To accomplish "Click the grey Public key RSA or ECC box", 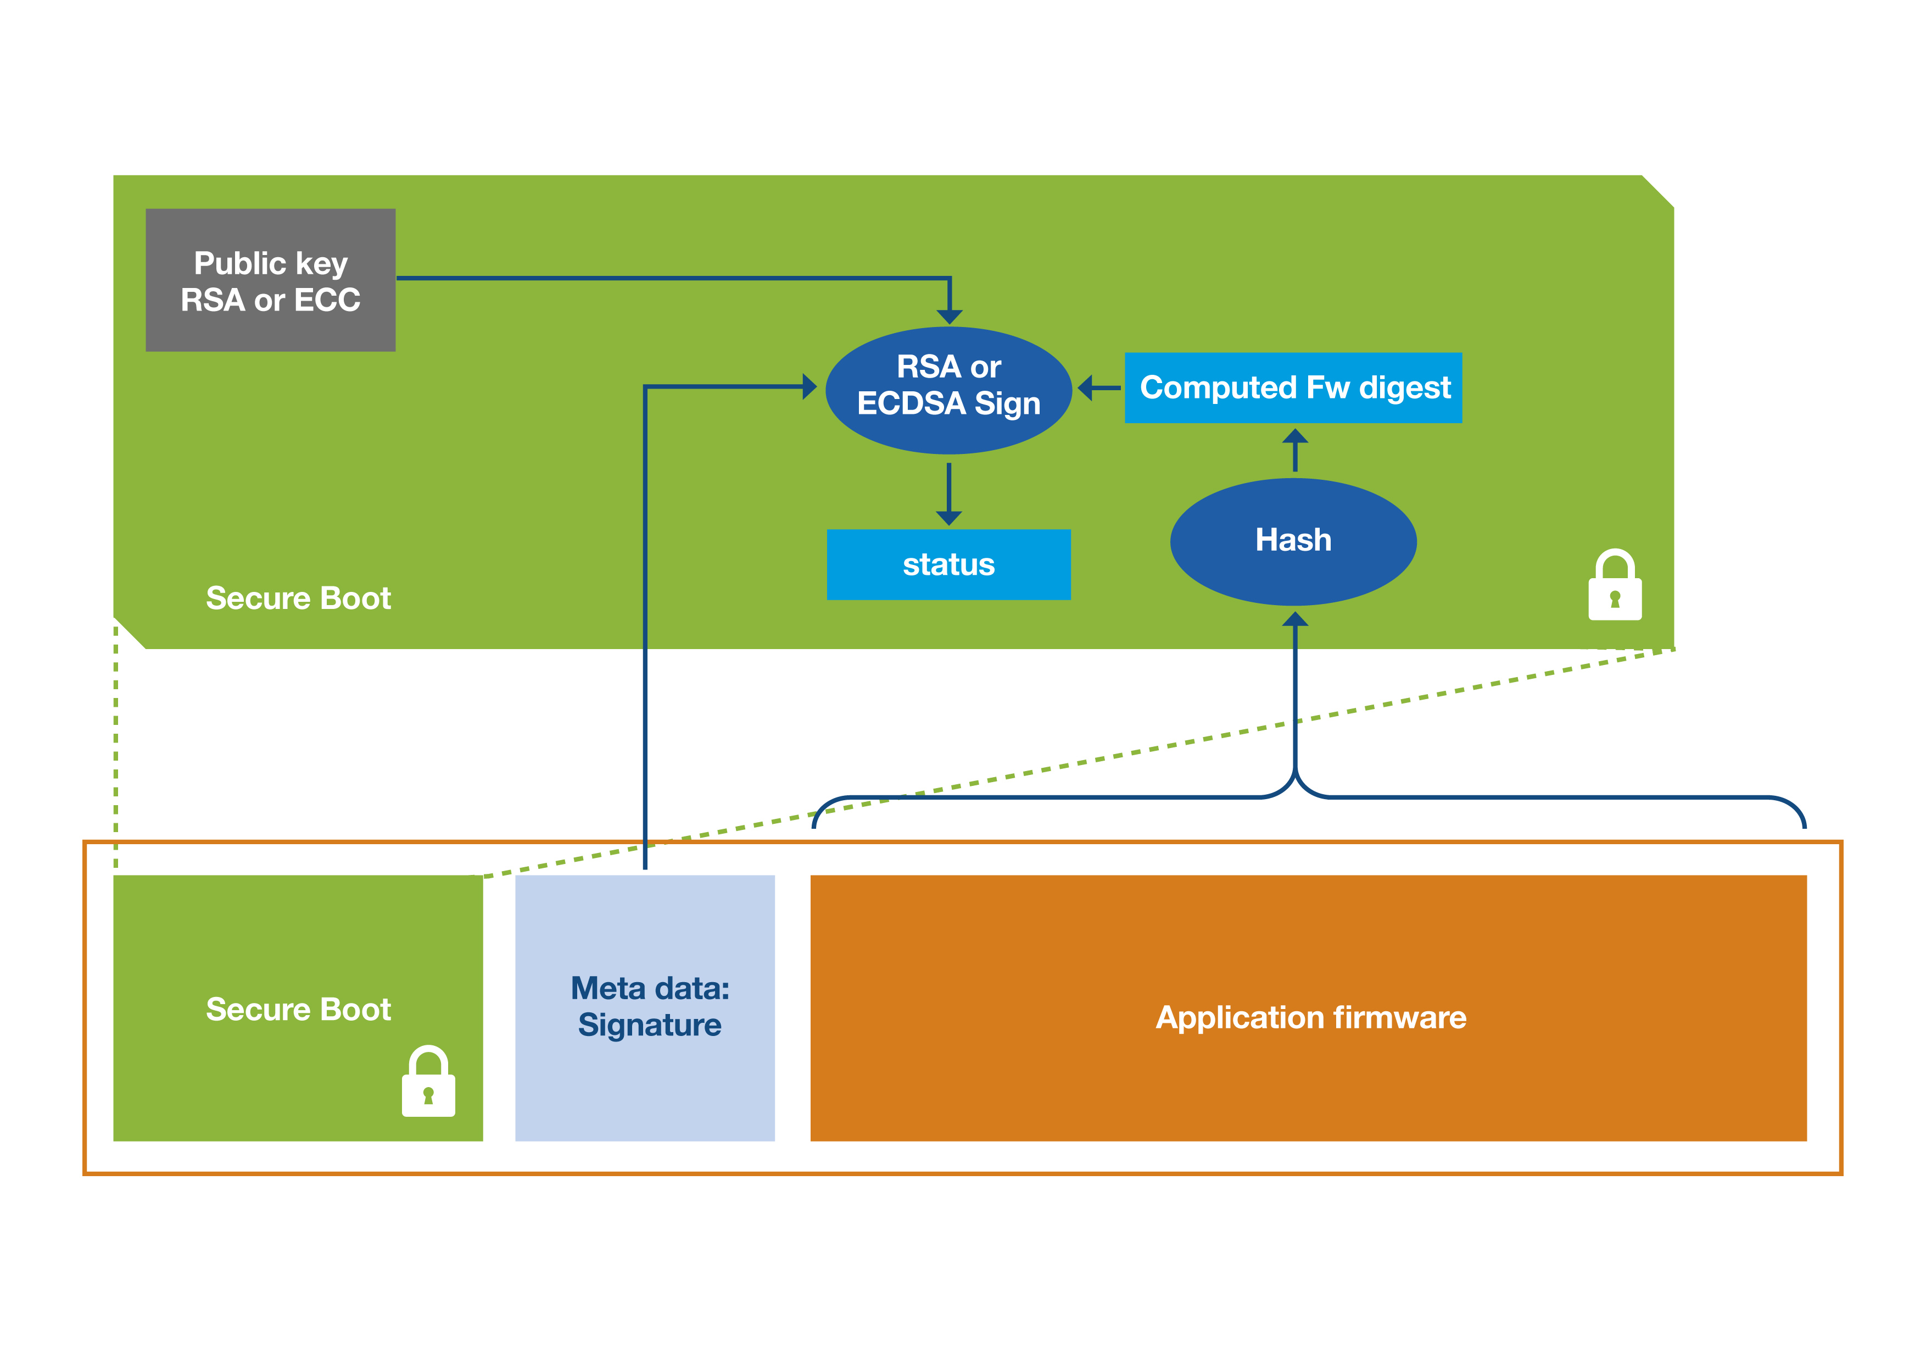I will [270, 280].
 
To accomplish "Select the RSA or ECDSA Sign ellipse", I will [949, 390].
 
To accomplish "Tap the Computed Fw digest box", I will [1293, 388].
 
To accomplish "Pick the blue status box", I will [949, 565].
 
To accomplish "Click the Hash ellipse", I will [1293, 541].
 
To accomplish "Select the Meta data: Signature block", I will [645, 1008].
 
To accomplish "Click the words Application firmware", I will [1310, 1017].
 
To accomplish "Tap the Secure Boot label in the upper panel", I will [299, 599].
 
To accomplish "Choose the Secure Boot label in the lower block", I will [299, 1009].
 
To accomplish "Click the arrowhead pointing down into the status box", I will [949, 518].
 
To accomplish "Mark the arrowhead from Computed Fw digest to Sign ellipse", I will [1086, 388].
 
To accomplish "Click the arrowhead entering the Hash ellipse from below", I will [1295, 619].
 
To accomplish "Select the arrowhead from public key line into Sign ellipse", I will [950, 317].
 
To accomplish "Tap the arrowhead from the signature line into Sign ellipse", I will [810, 387].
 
